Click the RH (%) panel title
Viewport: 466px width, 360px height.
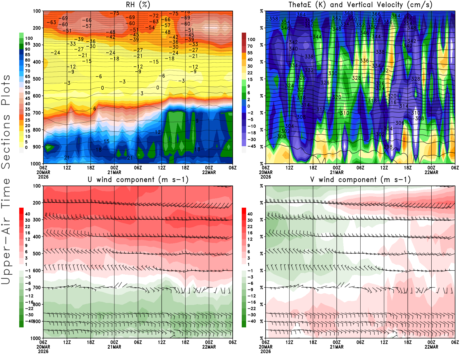138,5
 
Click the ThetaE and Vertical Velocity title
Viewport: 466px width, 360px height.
360,5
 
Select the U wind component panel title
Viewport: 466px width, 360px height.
138,179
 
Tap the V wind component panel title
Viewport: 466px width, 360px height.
360,179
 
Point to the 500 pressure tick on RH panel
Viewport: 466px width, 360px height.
37,79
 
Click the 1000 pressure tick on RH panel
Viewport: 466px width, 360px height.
36,164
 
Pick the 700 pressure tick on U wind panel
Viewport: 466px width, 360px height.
37,287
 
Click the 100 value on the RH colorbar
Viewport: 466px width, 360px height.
29,38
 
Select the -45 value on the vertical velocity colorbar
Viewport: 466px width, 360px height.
251,146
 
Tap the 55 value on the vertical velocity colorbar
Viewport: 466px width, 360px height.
250,53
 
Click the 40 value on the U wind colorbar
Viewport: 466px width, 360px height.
28,214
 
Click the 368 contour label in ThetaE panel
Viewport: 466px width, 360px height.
348,13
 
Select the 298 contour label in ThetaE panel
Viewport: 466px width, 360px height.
388,147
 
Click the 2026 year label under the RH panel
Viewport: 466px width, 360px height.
43,177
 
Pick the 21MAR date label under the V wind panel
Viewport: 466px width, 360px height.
337,347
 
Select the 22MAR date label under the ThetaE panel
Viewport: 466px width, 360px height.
431,172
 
